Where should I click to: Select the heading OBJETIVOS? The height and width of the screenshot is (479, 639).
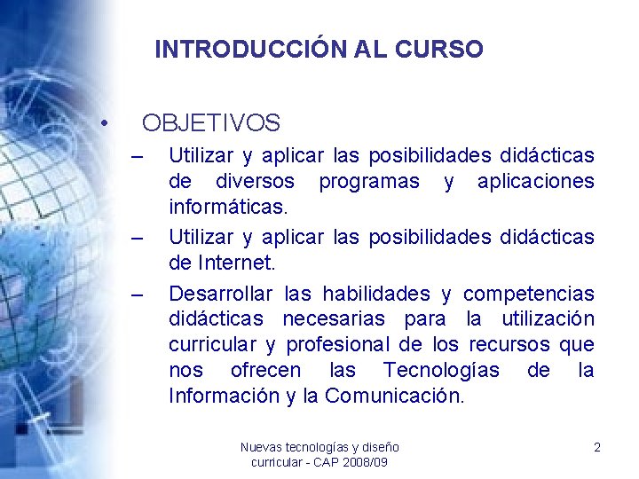click(x=211, y=122)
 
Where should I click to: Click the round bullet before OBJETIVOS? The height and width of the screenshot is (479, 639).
click(x=105, y=122)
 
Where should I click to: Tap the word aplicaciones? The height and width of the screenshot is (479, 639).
click(x=535, y=182)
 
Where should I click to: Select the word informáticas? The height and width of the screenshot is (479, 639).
click(x=228, y=208)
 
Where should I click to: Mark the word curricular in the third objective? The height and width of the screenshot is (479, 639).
click(x=212, y=344)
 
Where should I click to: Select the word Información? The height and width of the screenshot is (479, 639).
click(x=224, y=396)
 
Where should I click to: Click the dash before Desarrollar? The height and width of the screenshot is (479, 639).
click(x=138, y=294)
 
